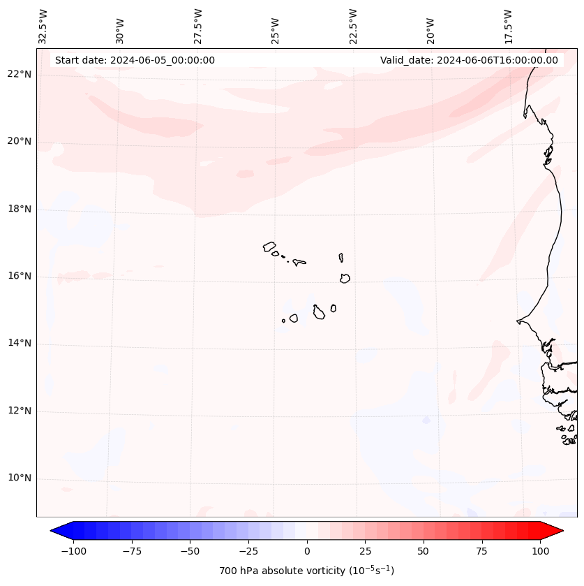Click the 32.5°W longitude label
[43, 26]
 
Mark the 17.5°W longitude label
[508, 26]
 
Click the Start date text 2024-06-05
[135, 60]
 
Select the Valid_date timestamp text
[469, 60]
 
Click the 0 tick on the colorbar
[307, 551]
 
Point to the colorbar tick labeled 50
[424, 551]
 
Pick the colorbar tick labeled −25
[248, 551]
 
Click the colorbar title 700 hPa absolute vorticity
[307, 571]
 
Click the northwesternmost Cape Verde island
[269, 247]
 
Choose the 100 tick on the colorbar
[539, 551]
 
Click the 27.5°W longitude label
[198, 26]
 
